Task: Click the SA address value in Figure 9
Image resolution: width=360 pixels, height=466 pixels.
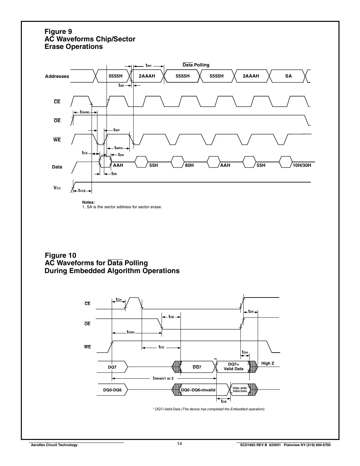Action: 288,76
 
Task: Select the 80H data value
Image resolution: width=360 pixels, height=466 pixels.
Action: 189,165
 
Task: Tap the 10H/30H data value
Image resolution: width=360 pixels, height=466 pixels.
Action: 302,165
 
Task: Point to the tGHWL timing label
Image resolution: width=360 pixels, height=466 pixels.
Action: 85,112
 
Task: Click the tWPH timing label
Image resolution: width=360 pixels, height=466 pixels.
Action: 119,148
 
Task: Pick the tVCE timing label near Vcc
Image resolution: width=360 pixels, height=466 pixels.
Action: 82,191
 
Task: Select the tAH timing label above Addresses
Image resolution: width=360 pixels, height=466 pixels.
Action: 148,66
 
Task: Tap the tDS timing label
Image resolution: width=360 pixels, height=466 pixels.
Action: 114,174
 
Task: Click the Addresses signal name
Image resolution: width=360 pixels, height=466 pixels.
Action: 57,76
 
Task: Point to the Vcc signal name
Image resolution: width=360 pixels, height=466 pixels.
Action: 57,188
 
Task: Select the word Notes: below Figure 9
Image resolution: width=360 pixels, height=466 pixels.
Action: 89,202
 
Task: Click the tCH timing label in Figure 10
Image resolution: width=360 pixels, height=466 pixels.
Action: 119,299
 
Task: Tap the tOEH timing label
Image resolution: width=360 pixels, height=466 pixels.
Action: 131,332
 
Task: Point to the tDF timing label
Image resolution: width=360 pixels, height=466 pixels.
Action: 251,312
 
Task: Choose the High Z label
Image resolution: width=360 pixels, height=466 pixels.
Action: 267,363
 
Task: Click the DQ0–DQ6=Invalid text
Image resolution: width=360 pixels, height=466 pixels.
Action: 198,390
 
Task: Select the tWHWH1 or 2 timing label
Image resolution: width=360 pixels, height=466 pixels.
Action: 163,378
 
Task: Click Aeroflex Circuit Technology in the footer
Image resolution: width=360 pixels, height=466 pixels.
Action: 54,445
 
